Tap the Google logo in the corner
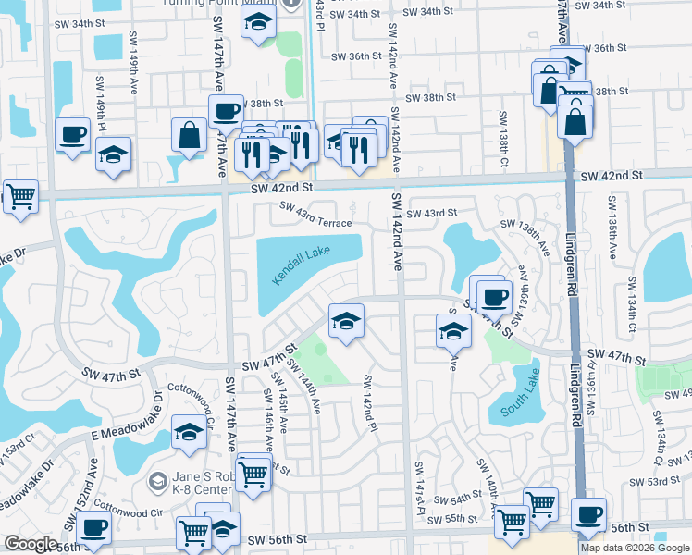[31, 544]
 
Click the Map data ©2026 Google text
[636, 548]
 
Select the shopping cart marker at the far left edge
[19, 196]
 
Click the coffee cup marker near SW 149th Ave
[73, 136]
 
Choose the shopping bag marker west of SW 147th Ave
[189, 135]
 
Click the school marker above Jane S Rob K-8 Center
[189, 432]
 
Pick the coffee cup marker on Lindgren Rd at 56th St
[588, 514]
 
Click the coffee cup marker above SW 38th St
[226, 112]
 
